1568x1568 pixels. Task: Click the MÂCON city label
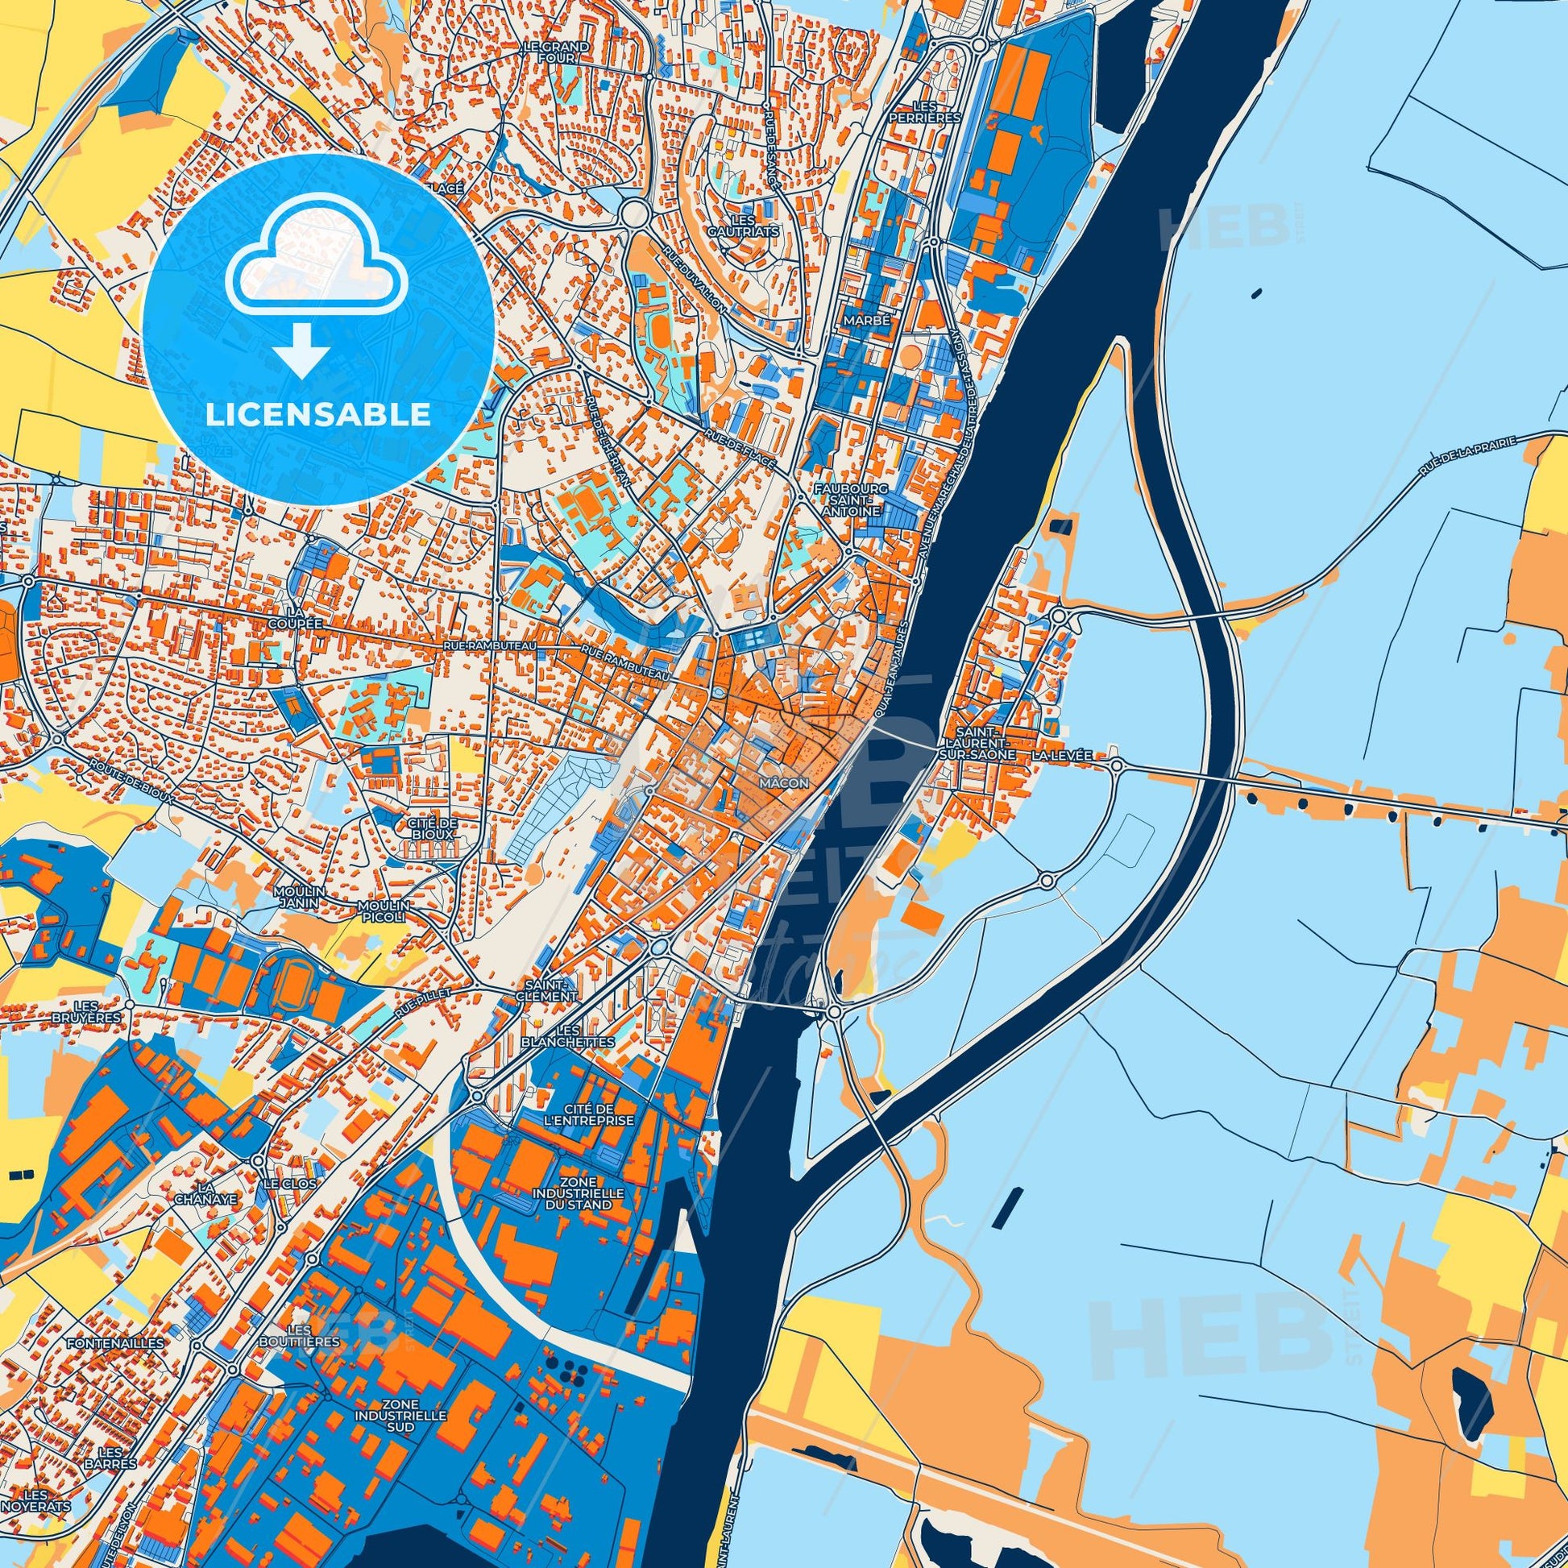[784, 783]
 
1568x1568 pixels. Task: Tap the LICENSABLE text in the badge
[318, 415]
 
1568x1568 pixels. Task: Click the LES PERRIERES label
[935, 112]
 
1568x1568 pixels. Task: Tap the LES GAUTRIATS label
[754, 226]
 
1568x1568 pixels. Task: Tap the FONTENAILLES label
[116, 1342]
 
